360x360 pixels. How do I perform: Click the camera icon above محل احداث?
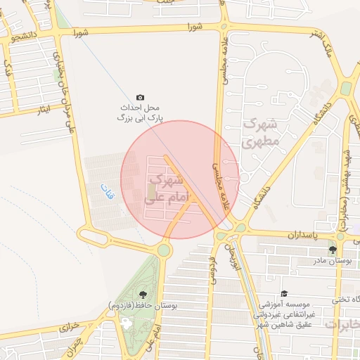(x=140, y=97)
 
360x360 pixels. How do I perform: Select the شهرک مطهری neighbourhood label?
(x=261, y=132)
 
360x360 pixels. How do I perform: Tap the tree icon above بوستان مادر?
(x=333, y=250)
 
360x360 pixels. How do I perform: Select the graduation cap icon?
(x=283, y=294)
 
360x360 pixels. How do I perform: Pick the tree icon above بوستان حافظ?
(x=143, y=295)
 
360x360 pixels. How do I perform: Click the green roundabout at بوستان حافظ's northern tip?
(x=164, y=250)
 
